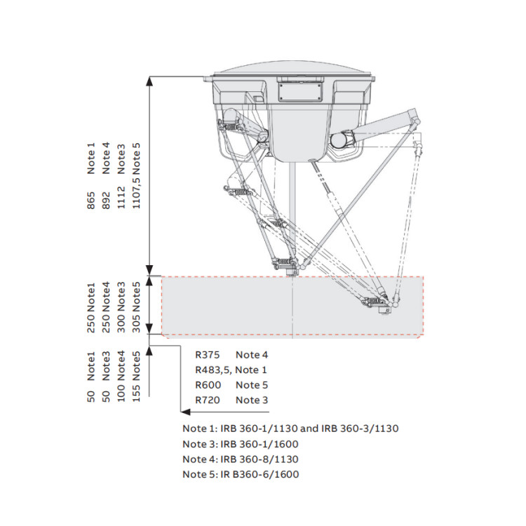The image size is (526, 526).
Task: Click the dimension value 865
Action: [x=91, y=203]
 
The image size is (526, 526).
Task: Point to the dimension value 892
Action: [x=107, y=203]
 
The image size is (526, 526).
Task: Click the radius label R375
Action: [x=209, y=355]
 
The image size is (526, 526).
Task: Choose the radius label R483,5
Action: [x=213, y=370]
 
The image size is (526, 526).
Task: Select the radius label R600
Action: [x=209, y=385]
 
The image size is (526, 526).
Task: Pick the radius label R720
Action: [x=209, y=400]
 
